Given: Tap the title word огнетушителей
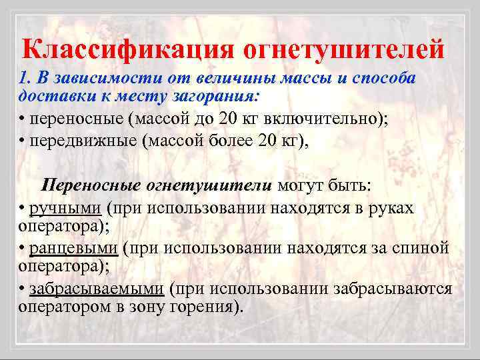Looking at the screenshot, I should point(342,49).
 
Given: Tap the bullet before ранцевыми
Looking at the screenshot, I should point(23,249).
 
